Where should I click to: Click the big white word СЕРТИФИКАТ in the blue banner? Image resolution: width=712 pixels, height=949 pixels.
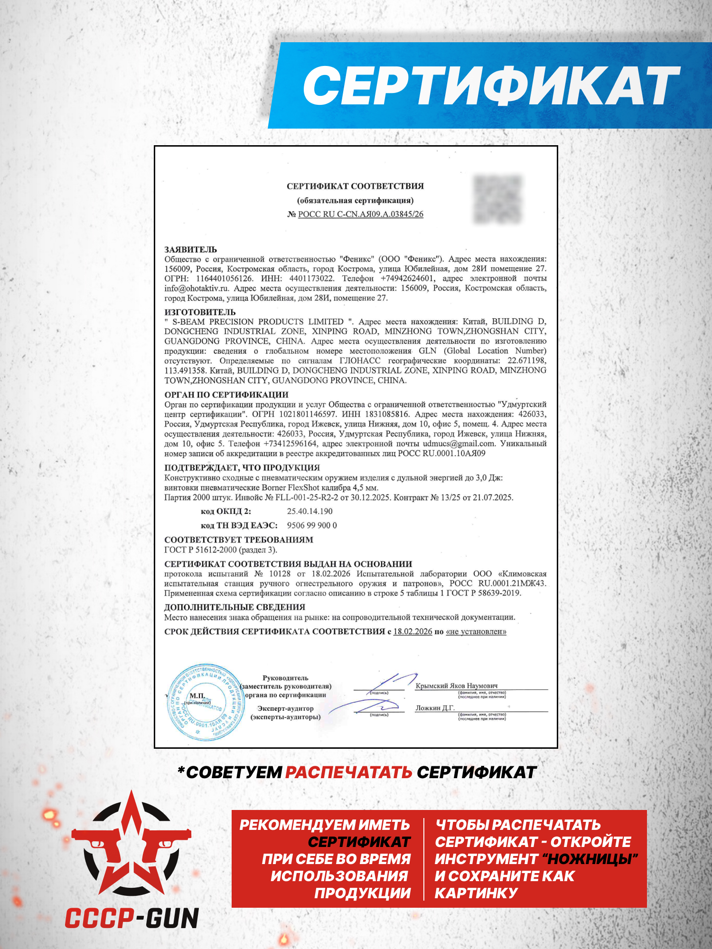pos(491,86)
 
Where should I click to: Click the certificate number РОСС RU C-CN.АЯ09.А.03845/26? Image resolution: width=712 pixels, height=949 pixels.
pos(360,214)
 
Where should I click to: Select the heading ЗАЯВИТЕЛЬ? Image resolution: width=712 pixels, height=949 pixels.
pos(190,250)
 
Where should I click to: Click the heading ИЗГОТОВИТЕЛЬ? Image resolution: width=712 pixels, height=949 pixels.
pos(200,312)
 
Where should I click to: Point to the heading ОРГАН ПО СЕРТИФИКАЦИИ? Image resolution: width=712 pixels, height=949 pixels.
pos(226,395)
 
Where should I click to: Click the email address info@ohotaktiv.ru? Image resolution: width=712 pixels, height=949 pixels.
pos(197,288)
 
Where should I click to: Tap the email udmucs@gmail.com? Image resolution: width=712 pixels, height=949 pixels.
pos(459,444)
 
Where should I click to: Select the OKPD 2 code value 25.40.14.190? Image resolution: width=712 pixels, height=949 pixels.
pos(309,512)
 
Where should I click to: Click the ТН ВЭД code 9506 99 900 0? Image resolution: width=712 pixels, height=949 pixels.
pos(312,526)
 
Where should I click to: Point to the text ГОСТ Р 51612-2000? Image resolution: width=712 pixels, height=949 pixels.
pos(200,550)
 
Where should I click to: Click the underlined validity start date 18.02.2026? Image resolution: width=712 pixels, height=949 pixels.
pos(412,632)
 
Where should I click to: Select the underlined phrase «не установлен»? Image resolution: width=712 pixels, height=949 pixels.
pos(476,632)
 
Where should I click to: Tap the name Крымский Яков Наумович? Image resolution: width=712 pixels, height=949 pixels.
pos(457,686)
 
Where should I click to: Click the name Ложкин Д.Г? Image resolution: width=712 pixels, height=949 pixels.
pos(435,708)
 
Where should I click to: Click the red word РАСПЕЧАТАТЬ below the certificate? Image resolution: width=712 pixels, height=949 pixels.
pos(348,772)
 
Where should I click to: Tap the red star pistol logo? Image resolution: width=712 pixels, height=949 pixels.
pos(131,849)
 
